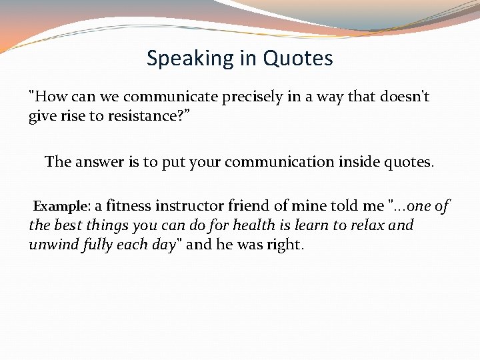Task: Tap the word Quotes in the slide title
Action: coord(298,59)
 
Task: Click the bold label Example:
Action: coord(62,207)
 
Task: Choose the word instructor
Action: coord(200,207)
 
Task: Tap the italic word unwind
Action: coord(53,245)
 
